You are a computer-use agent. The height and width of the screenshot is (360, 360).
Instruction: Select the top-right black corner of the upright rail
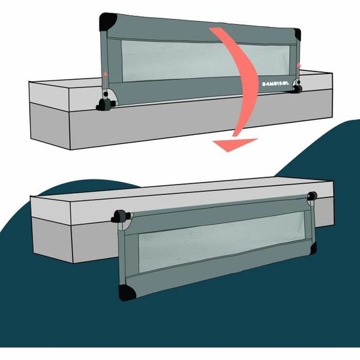298,36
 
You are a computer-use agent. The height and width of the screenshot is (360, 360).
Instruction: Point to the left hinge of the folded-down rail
120,217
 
